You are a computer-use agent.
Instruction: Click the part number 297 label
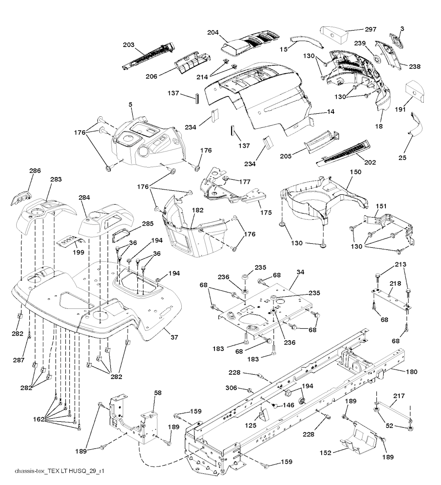pyautogui.click(x=370, y=30)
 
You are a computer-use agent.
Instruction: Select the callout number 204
pyautogui.click(x=213, y=32)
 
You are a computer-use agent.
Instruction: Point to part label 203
pyautogui.click(x=128, y=44)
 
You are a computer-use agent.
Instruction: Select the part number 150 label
pyautogui.click(x=344, y=172)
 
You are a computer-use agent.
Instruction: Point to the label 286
pyautogui.click(x=35, y=171)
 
